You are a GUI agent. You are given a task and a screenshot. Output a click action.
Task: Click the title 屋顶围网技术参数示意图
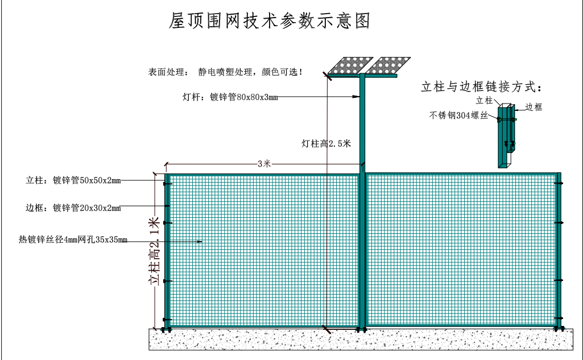pos(270,21)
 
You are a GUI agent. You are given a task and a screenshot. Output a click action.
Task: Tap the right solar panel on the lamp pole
pos(386,66)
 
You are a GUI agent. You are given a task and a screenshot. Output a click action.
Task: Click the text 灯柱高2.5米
pos(326,144)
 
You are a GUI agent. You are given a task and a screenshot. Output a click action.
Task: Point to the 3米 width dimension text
pos(264,164)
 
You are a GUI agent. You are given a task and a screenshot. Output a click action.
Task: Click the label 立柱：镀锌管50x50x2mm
pos(73,181)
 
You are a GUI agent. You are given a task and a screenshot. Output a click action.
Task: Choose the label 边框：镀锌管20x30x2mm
pos(73,208)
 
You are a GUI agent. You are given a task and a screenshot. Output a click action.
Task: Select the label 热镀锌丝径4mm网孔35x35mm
pos(73,240)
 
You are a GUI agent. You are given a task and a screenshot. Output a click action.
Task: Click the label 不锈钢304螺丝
pos(458,115)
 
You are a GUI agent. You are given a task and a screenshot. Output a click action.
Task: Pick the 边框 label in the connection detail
pos(534,107)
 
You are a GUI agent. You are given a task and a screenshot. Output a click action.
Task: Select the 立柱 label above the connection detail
pos(484,100)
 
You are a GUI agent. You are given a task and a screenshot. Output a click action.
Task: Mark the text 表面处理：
pos(167,73)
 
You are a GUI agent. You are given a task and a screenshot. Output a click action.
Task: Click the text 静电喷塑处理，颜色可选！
pos(250,73)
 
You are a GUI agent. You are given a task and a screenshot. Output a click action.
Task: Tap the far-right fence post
pos(559,250)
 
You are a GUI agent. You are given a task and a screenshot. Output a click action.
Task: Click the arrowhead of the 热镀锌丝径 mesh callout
pos(200,242)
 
